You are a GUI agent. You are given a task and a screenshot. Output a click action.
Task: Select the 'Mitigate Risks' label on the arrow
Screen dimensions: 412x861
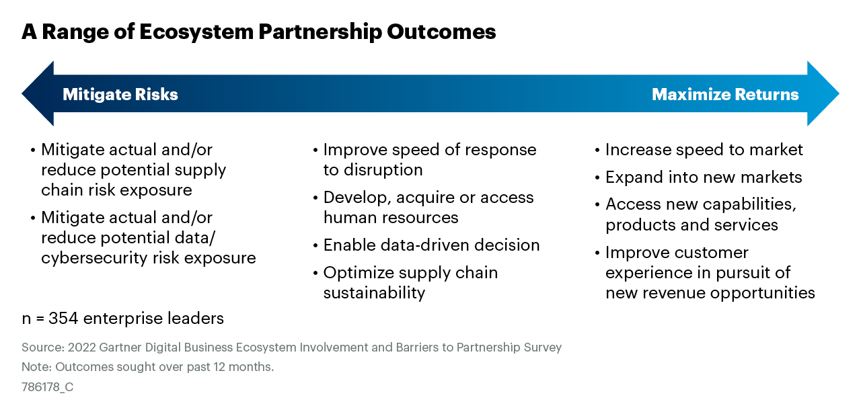pos(120,95)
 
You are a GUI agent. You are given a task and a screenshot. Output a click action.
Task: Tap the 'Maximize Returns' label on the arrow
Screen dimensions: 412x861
pos(725,95)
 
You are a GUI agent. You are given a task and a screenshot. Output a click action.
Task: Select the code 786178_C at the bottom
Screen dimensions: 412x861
pos(47,387)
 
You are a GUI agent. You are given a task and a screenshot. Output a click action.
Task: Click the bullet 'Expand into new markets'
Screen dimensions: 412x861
pos(704,177)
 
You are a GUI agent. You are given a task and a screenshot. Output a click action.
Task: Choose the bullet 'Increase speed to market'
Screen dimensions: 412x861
pos(704,150)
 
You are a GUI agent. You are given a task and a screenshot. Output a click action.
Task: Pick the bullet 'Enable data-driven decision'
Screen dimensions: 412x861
pos(431,245)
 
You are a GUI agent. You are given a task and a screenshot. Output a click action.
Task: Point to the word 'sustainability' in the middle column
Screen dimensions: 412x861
pos(374,293)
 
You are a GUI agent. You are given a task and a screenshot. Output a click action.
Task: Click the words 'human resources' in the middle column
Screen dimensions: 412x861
pos(391,218)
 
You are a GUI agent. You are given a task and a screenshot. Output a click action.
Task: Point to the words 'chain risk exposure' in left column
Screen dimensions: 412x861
pos(116,190)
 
